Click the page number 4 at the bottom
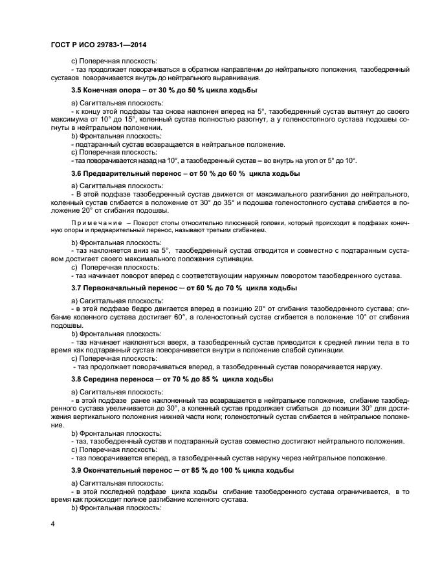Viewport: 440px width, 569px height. pyautogui.click(x=52, y=523)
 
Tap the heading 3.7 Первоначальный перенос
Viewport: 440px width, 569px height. pyautogui.click(x=133, y=287)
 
